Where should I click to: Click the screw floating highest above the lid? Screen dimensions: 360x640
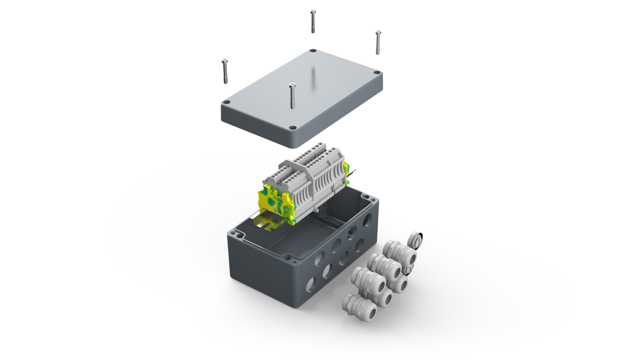pyautogui.click(x=313, y=21)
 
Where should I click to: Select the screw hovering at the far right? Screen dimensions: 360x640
pyautogui.click(x=378, y=42)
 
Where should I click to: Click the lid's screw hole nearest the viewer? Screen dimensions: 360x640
pyautogui.click(x=293, y=128)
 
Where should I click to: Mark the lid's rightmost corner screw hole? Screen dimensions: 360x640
pyautogui.click(x=376, y=73)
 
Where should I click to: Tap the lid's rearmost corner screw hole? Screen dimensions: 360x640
pyautogui.click(x=312, y=51)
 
